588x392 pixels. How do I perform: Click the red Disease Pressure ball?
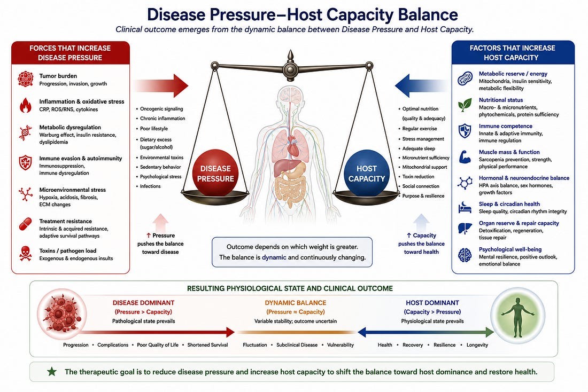215,173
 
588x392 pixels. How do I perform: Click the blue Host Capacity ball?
366,173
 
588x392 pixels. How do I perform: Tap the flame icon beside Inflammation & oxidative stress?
26,105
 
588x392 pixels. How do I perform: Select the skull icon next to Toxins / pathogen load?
26,254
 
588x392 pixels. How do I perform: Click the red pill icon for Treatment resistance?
26,224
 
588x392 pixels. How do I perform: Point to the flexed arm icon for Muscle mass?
465,156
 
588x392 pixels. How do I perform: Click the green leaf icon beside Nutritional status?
465,105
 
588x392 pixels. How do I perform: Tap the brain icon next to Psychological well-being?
465,255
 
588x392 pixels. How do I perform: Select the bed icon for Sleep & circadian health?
465,207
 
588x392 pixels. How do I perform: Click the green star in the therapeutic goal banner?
52,371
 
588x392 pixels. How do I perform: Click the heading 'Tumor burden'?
58,76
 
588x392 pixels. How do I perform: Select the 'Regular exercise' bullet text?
420,129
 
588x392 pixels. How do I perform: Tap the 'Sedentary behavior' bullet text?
160,167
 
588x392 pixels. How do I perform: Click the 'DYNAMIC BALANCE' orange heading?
296,303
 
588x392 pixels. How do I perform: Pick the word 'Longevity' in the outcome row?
477,345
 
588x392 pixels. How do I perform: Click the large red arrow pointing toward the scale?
160,85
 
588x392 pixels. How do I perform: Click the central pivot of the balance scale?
290,69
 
